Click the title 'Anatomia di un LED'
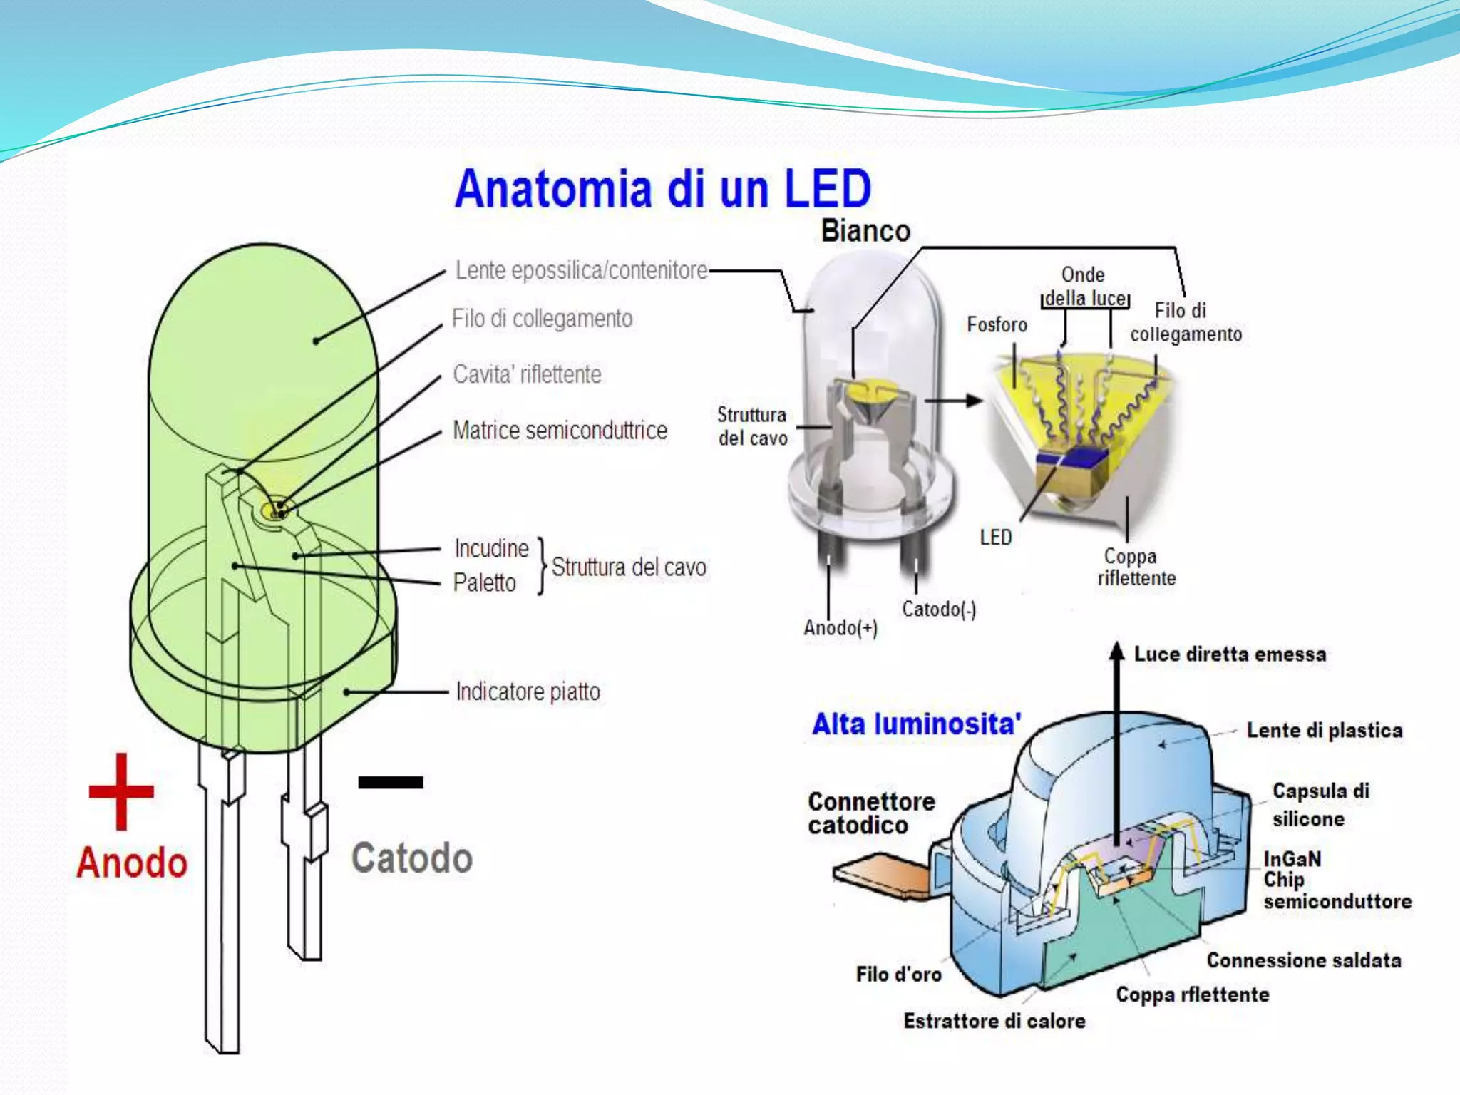click(663, 188)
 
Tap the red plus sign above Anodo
click(121, 791)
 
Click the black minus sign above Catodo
click(391, 783)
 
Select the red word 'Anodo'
click(132, 863)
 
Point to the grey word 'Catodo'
click(411, 858)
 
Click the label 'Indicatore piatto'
click(528, 692)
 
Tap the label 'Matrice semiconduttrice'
click(560, 431)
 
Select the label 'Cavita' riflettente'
click(527, 374)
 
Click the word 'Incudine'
click(491, 548)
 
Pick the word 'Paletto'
click(484, 582)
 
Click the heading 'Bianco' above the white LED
click(865, 231)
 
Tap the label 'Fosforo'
click(997, 324)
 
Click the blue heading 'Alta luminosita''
click(916, 724)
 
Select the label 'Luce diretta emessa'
click(1230, 654)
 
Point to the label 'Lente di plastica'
click(1324, 730)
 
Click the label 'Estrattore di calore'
click(994, 1021)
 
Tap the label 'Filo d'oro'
click(898, 974)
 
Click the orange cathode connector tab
click(880, 877)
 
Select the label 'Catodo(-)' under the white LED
click(939, 609)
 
